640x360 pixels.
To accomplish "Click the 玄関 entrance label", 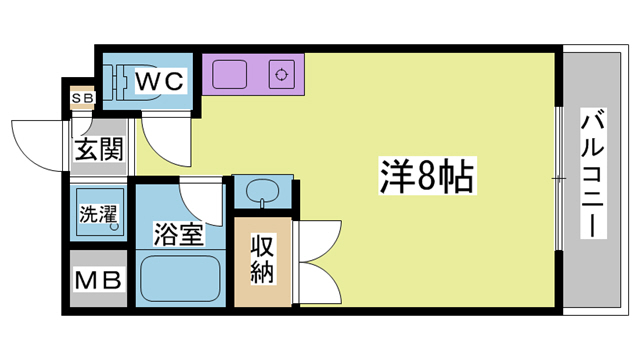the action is (x=98, y=151).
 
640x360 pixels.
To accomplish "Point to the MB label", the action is (x=97, y=279).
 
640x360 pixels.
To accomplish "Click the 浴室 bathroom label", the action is (x=179, y=236).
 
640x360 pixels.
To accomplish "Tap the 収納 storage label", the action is (x=263, y=257).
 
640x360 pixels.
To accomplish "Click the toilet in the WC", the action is (x=118, y=81).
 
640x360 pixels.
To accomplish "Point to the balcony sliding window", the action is (x=558, y=176).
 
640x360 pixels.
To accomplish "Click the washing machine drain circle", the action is (x=115, y=228).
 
